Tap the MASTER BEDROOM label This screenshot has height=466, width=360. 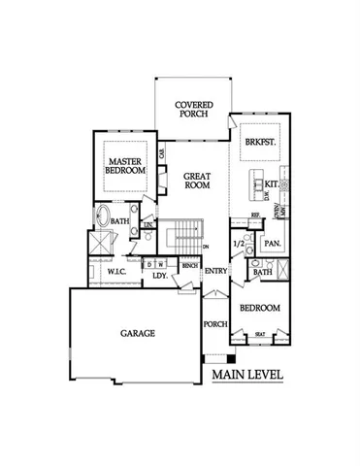tap(125, 164)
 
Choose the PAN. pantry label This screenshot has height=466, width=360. tap(273, 243)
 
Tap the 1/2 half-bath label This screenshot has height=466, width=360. tap(239, 244)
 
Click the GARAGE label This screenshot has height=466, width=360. tap(137, 333)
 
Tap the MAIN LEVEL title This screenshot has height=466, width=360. tap(246, 374)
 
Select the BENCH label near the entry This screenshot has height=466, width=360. tap(190, 265)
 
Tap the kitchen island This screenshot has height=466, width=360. tap(256, 184)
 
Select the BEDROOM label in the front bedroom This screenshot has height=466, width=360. tap(261, 308)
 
